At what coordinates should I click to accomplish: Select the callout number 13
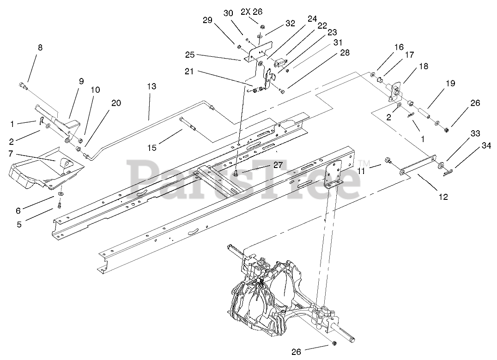(152, 86)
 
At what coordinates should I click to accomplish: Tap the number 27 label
(264, 165)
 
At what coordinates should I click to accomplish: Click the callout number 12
(443, 197)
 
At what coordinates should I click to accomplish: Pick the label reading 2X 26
(251, 12)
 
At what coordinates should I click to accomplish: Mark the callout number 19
(450, 84)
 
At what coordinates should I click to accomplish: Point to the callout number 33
(462, 134)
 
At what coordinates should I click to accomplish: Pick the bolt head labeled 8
(23, 85)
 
